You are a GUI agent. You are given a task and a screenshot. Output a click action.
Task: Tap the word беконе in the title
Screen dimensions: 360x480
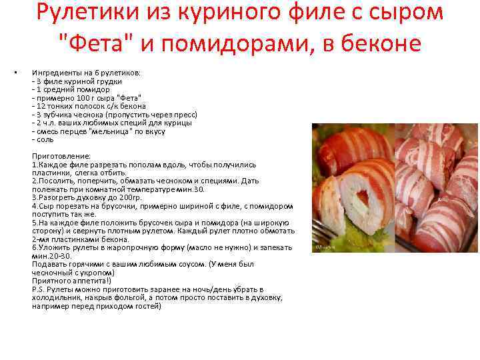[x=377, y=43]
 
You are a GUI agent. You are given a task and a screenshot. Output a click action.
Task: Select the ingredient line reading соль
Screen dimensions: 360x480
[x=45, y=139]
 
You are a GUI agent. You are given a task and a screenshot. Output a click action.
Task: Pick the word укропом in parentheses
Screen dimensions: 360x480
[x=98, y=273]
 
